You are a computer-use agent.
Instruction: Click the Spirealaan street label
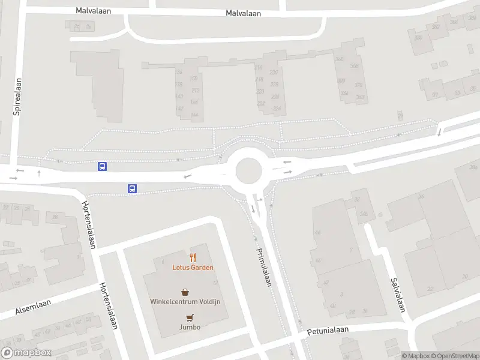click(x=17, y=96)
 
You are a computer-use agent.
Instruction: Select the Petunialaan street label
click(x=328, y=330)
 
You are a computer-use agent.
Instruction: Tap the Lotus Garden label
click(x=193, y=268)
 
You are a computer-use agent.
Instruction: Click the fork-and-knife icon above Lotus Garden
click(x=193, y=257)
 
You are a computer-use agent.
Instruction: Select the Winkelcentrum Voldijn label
click(x=189, y=301)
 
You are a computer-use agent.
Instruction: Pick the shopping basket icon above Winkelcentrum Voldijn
click(x=185, y=292)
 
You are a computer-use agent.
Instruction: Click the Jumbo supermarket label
click(x=189, y=327)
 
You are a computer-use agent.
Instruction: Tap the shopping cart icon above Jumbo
click(x=190, y=318)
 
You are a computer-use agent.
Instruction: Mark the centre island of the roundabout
click(x=249, y=171)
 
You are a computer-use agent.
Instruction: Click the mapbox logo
click(x=26, y=353)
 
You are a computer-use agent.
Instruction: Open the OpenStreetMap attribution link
click(x=454, y=356)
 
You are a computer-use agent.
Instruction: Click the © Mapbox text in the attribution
click(x=415, y=356)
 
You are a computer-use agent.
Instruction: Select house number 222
click(x=260, y=103)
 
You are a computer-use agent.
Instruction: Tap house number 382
click(x=436, y=26)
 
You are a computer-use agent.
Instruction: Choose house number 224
click(x=276, y=109)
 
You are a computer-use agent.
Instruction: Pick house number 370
click(x=359, y=85)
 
